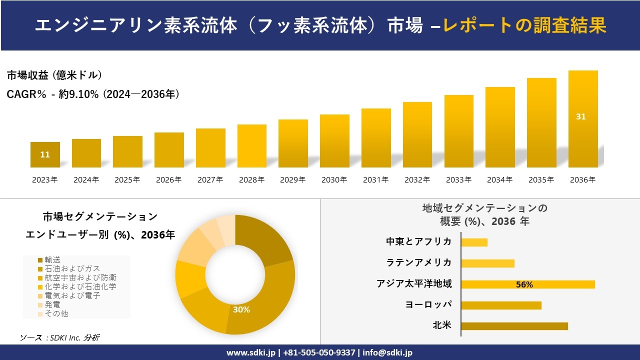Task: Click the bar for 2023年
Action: [45, 155]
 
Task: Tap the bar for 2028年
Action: [251, 146]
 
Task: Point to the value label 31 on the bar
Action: [580, 116]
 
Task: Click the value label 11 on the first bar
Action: [45, 154]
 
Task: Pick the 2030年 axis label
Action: [334, 180]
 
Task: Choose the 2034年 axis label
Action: [499, 180]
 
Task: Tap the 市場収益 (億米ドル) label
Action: [54, 75]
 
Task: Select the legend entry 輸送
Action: [52, 259]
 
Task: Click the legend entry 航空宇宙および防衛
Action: [80, 277]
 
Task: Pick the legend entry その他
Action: [56, 313]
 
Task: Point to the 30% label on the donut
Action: [241, 309]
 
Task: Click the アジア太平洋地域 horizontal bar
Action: [527, 284]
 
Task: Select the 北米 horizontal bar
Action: [514, 326]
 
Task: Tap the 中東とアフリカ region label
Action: [418, 241]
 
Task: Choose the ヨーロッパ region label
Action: [428, 304]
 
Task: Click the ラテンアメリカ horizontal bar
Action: [487, 263]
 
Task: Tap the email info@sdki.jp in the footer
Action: [388, 352]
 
